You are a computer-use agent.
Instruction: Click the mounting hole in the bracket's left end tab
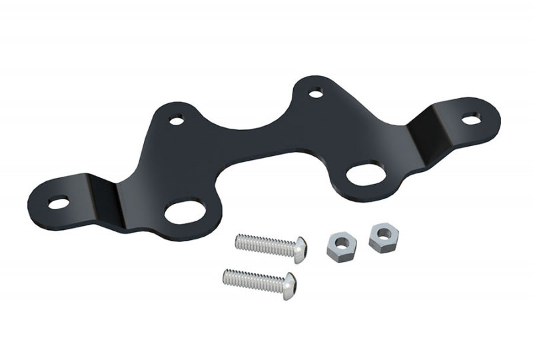(x=58, y=201)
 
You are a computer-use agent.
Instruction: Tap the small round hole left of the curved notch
(x=177, y=121)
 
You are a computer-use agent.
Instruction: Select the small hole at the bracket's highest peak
(x=317, y=90)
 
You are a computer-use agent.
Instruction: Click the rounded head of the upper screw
(x=300, y=245)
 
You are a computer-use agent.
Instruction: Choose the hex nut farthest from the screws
(x=382, y=235)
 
